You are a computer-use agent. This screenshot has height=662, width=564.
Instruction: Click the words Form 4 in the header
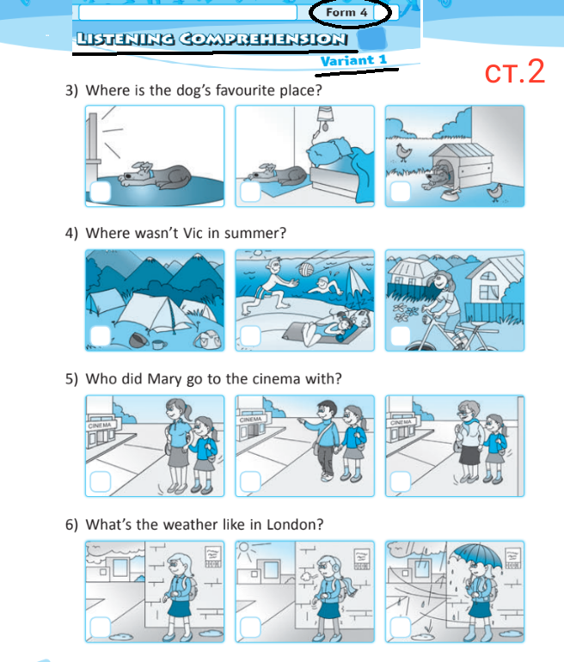tap(346, 12)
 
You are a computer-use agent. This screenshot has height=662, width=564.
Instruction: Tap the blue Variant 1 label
tap(353, 60)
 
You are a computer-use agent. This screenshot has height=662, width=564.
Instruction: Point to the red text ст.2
tap(515, 71)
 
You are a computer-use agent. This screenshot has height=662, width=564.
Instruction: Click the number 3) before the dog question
tap(71, 90)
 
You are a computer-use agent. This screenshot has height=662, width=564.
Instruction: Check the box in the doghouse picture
tap(400, 192)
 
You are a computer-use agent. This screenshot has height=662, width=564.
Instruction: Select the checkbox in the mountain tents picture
tap(101, 335)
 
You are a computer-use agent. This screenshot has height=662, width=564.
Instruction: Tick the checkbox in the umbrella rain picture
tap(400, 628)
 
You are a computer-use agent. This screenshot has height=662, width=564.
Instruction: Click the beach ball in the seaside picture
tap(305, 270)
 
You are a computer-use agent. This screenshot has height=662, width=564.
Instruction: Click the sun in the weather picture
tap(244, 549)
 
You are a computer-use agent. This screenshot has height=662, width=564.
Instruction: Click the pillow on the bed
tap(330, 151)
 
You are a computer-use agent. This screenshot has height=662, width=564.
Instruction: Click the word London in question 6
tap(295, 524)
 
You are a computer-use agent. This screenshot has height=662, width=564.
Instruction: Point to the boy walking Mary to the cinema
tap(323, 440)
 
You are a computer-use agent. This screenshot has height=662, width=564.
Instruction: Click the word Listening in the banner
tap(126, 40)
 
